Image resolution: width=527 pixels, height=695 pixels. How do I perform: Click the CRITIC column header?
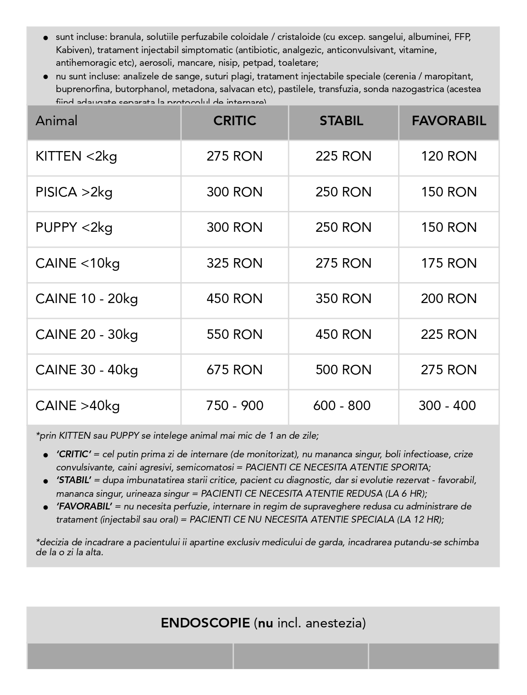(235, 121)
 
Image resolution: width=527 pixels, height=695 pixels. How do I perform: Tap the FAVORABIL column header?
(448, 121)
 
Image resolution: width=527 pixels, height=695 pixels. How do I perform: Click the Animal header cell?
(57, 121)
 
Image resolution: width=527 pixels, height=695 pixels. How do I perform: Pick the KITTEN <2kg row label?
(76, 157)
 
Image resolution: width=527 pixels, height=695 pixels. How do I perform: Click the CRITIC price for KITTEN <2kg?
(235, 157)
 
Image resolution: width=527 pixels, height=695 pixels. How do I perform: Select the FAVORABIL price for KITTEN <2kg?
(448, 157)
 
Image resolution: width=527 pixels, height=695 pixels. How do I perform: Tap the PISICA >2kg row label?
(74, 192)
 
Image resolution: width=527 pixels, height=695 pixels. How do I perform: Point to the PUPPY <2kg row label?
(74, 227)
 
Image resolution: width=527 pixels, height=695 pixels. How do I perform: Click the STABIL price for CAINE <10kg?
(343, 263)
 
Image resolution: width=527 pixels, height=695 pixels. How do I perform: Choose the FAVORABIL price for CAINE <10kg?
(448, 263)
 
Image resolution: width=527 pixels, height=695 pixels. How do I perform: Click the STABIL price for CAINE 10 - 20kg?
(343, 299)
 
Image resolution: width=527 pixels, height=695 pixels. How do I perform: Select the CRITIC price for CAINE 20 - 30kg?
(235, 334)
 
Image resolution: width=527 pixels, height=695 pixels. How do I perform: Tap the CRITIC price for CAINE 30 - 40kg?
(235, 370)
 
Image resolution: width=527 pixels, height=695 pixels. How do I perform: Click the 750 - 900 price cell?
(235, 406)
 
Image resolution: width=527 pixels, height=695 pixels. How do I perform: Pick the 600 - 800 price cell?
(342, 406)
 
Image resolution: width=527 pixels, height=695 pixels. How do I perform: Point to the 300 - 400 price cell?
(447, 406)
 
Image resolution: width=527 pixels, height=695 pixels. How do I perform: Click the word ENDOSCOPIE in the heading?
(205, 623)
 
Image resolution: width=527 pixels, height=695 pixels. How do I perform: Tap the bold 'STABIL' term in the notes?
(74, 480)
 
